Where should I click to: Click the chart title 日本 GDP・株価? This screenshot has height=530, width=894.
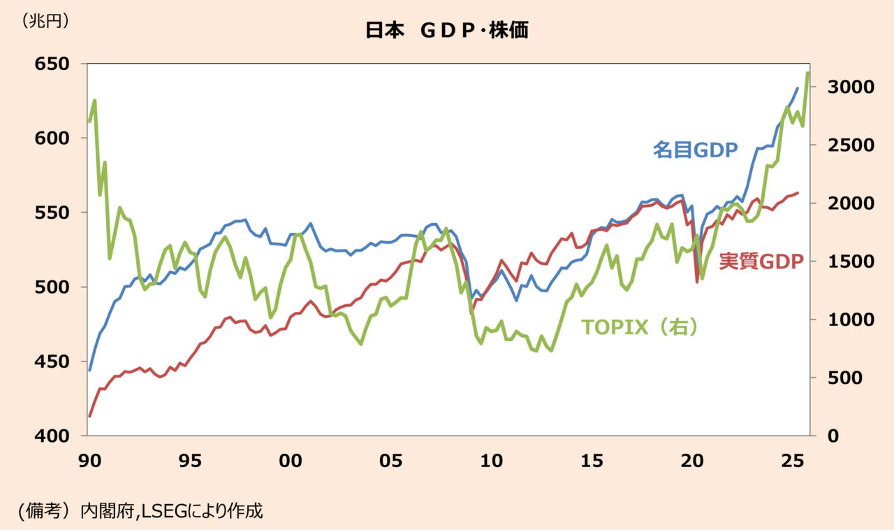[x=446, y=31]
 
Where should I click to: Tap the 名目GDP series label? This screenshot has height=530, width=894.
[x=695, y=149]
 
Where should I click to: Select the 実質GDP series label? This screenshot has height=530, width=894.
[x=761, y=261]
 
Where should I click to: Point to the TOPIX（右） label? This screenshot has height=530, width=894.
[x=640, y=327]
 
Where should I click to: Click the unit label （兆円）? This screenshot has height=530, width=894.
[x=46, y=22]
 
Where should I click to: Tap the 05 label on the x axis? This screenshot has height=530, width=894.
[x=390, y=461]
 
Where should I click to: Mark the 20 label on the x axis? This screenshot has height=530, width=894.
[x=692, y=461]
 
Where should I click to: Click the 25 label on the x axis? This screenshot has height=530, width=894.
[x=792, y=461]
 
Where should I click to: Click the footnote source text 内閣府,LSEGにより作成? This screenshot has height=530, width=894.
[x=171, y=510]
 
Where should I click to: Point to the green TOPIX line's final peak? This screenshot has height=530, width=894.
[x=807, y=73]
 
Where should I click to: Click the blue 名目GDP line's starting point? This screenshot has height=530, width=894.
[x=89, y=370]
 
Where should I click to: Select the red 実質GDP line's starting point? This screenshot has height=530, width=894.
[x=89, y=416]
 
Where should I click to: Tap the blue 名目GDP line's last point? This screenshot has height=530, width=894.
[x=798, y=88]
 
